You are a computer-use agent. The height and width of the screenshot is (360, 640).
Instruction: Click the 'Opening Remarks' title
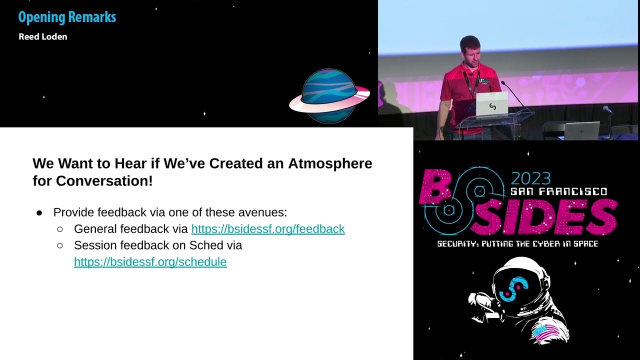pos(67,17)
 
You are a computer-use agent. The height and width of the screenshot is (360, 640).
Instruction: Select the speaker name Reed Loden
pos(42,36)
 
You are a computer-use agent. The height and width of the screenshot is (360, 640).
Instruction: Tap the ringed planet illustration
pos(329,95)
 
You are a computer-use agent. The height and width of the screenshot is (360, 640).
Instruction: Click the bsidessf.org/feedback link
pos(268,229)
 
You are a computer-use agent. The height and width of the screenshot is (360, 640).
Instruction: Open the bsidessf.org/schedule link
pos(150,262)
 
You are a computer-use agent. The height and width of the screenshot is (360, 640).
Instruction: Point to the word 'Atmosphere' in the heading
pos(330,163)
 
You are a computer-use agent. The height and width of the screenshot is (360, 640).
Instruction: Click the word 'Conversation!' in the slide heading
pos(104,181)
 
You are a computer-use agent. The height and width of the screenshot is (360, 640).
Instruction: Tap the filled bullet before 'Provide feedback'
pos(39,213)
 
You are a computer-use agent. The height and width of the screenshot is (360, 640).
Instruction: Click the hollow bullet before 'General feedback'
pos(60,229)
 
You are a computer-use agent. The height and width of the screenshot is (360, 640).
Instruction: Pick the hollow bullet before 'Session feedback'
pos(60,245)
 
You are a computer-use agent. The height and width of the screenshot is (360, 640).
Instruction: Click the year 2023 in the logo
pos(530,178)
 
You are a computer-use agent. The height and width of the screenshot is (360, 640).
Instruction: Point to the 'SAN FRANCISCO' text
pos(558,191)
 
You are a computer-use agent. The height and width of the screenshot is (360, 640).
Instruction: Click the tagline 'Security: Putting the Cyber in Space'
pos(517,244)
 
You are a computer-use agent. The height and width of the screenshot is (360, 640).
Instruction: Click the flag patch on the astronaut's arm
pos(546,331)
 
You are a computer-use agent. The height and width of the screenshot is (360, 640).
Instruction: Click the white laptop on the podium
pos(492,104)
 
